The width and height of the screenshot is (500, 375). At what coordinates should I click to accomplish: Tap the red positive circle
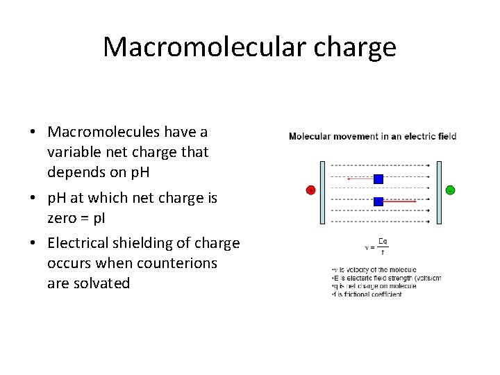coord(310,190)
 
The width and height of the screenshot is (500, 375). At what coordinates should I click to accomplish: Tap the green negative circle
coord(450,190)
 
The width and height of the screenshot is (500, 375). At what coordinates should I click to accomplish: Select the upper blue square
coord(378,178)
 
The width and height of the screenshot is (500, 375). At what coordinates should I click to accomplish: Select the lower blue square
coord(378,201)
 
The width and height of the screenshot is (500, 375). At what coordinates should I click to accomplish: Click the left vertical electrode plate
coord(322,192)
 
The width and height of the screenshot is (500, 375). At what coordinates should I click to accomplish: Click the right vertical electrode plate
coord(438,192)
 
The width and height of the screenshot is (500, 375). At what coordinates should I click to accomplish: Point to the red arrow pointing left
coord(360,179)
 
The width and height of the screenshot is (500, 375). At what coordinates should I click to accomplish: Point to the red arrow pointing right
coord(400,201)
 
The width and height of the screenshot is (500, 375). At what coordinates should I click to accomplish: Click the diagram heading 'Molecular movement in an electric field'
coord(372,136)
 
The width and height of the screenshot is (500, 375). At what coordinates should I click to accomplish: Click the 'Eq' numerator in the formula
coord(383,242)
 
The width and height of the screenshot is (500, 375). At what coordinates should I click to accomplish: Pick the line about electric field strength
coord(385,278)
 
